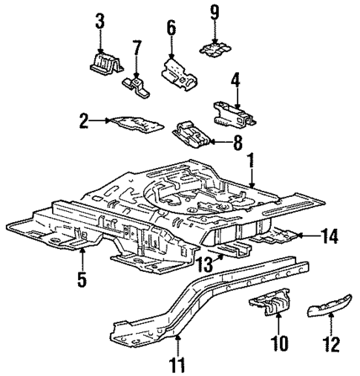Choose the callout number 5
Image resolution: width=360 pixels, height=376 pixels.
(x=82, y=279)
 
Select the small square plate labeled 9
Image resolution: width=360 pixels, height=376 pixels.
(x=215, y=48)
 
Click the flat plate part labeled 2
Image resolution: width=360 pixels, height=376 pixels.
(x=135, y=122)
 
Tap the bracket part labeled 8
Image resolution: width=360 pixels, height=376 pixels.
(x=192, y=134)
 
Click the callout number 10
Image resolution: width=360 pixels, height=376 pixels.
(x=278, y=344)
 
